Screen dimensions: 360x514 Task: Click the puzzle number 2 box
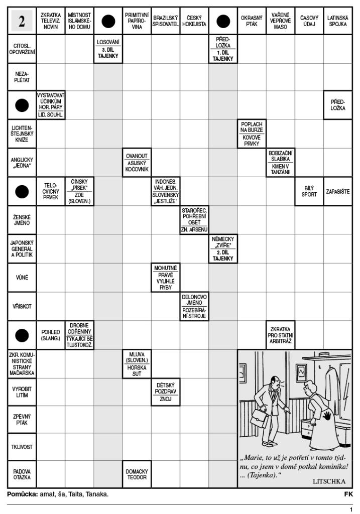point(22,21)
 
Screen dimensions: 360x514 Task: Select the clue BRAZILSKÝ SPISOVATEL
point(166,21)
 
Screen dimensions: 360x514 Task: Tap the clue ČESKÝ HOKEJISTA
point(194,21)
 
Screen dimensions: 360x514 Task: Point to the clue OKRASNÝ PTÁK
point(252,21)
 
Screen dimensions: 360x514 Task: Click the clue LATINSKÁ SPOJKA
point(338,21)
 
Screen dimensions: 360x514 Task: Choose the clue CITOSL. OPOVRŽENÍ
point(22,49)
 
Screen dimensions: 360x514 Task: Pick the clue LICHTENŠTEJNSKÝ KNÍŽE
point(22,134)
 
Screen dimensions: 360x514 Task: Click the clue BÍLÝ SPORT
point(309,191)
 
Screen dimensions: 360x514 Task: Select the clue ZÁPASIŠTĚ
point(338,191)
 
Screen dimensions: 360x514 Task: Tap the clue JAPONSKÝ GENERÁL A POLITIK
point(22,249)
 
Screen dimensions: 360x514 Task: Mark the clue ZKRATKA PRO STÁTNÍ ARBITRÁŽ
point(280,335)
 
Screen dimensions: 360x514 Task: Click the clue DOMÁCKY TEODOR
point(137,474)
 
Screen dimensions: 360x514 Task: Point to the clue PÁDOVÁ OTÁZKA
point(22,474)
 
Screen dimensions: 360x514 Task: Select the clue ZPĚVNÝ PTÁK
point(22,420)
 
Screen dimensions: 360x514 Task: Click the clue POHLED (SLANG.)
point(51,335)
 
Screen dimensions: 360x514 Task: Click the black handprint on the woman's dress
point(328,416)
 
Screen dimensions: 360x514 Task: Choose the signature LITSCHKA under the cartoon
point(329,481)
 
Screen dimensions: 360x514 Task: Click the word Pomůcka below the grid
point(22,494)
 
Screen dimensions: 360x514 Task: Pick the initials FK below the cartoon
point(348,494)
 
